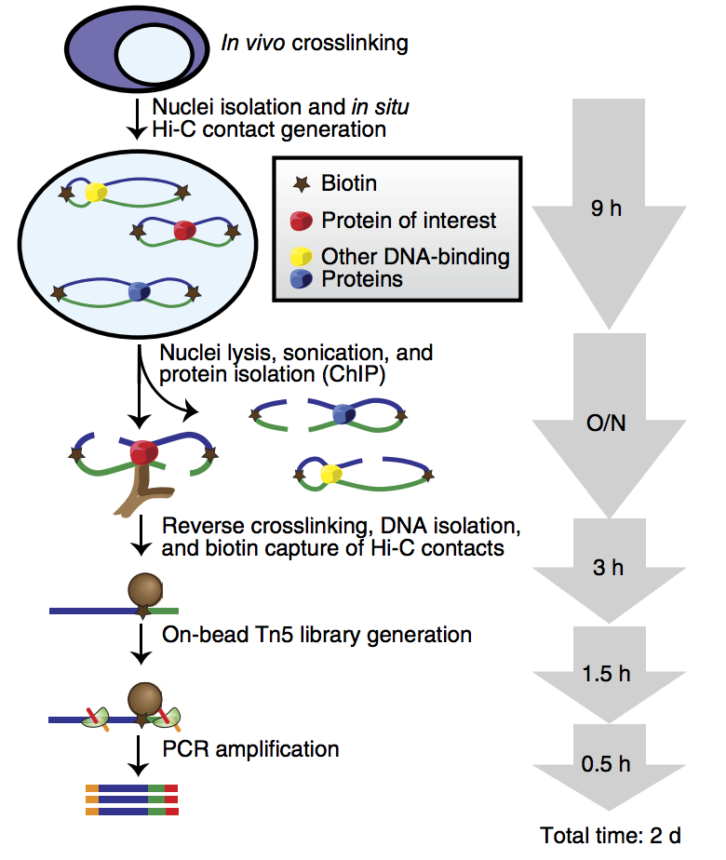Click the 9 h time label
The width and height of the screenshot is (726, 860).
click(605, 208)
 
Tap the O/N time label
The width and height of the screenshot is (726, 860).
click(605, 424)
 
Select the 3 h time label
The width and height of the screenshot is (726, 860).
click(605, 568)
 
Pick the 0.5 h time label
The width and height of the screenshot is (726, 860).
click(605, 764)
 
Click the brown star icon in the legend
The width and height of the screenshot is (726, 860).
click(300, 184)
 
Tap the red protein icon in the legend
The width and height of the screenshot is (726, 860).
click(300, 222)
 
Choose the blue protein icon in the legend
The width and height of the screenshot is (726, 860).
click(300, 278)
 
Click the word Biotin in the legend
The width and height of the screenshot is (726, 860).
click(350, 184)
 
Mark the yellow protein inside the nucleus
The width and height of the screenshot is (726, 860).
click(96, 193)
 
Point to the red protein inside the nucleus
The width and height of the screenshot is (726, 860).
click(184, 230)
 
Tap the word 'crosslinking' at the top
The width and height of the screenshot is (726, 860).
click(350, 43)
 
